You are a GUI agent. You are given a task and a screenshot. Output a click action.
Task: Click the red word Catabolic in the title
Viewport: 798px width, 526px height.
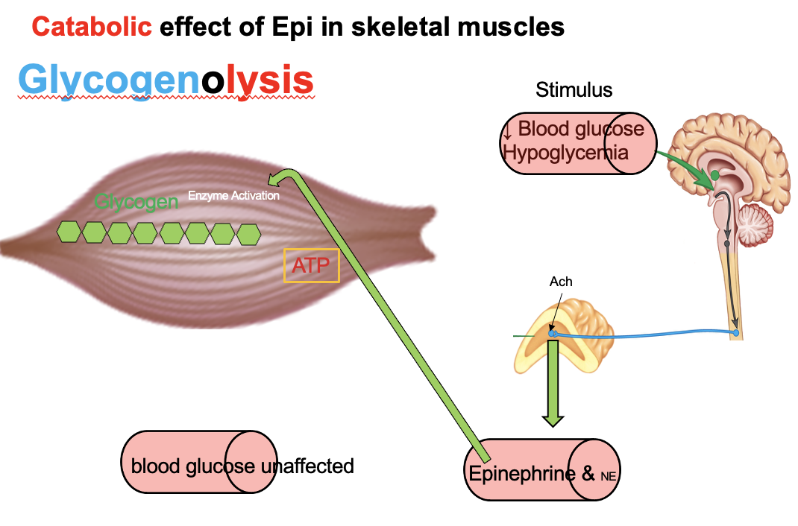pos(92,27)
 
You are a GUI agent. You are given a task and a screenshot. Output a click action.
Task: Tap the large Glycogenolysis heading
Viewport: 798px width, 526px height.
pos(165,80)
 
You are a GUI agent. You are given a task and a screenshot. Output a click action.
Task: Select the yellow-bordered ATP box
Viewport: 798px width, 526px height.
pos(311,265)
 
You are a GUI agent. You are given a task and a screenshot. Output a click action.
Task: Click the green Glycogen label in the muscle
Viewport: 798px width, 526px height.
pos(136,201)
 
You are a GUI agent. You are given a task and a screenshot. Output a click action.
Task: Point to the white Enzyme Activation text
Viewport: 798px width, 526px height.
pos(233,196)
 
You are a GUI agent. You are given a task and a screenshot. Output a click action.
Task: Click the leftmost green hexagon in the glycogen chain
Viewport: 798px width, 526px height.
pos(69,232)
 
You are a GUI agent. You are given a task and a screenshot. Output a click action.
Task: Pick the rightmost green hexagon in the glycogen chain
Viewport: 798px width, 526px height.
pos(248,234)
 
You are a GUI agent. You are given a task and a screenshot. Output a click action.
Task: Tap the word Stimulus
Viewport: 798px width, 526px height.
pos(574,90)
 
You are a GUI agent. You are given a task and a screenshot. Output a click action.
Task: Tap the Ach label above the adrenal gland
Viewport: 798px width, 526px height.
pos(561,282)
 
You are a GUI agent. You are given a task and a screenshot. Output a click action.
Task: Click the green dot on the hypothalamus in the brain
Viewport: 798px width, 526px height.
pos(714,174)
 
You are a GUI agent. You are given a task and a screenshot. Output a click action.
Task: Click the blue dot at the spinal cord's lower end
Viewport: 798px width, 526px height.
pos(736,332)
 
